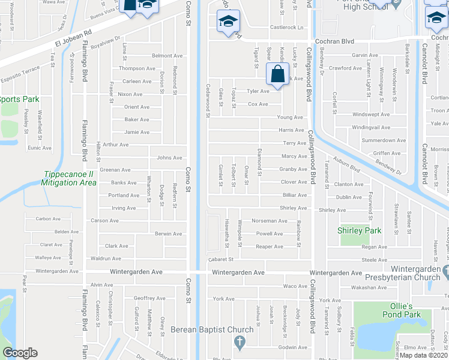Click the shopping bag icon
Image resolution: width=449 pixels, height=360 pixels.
click(277, 76)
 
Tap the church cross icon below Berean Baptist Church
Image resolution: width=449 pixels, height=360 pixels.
click(239, 343)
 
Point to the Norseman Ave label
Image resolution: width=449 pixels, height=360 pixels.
click(270, 221)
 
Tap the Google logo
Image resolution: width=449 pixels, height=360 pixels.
click(20, 353)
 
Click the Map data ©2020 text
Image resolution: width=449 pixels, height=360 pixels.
click(424, 355)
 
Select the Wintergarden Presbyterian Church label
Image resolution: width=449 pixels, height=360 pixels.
click(418, 273)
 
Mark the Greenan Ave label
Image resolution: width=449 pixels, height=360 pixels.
click(115, 170)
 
